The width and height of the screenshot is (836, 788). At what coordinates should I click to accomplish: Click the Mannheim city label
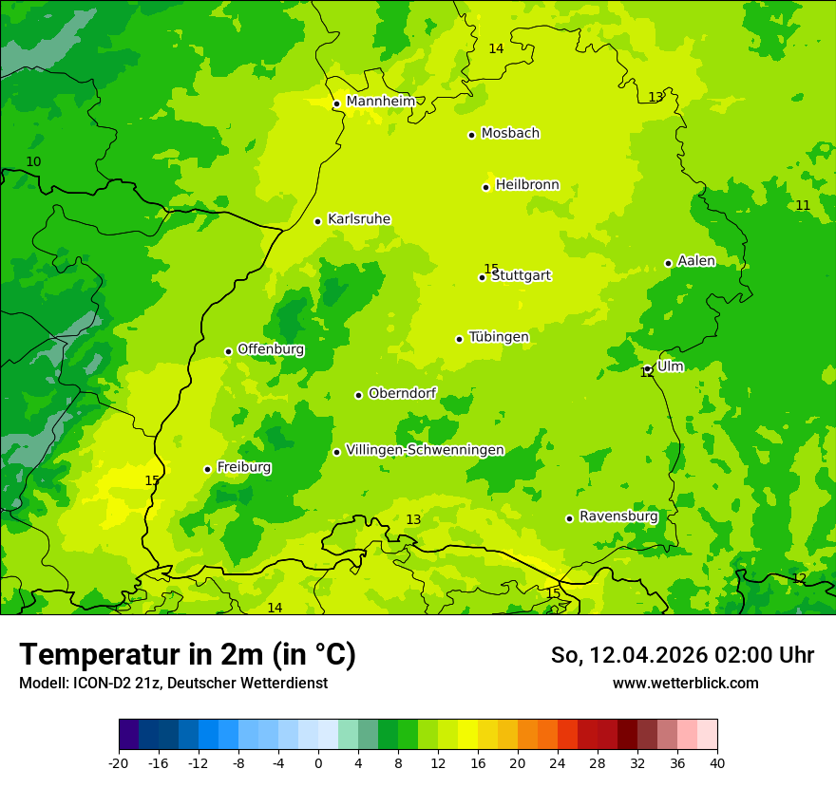pos(381,102)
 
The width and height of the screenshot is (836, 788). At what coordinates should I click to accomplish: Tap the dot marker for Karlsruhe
pos(318,221)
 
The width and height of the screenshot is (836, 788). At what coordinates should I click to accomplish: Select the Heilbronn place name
pos(527,185)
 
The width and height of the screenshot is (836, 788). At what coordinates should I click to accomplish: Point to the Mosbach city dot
pos(471,135)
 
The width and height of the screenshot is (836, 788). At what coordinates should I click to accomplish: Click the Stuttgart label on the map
pos(522,276)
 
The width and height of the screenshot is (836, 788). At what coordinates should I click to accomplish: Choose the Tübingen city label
pos(499,337)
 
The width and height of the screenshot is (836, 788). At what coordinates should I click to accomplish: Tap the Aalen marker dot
pos(668,263)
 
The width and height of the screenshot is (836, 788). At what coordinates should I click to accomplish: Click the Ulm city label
pos(671,366)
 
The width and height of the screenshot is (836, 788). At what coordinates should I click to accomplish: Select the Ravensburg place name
pos(618,516)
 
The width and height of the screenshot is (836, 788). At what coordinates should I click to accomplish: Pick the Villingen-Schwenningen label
pos(425,450)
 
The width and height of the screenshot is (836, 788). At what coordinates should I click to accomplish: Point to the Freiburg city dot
pos(207,469)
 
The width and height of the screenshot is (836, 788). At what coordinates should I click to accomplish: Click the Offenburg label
pos(271,349)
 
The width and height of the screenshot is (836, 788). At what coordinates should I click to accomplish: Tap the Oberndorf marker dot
pos(358,395)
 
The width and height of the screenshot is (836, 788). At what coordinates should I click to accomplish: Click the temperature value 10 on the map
pos(33,162)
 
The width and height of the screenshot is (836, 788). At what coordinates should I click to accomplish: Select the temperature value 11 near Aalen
pos(803,206)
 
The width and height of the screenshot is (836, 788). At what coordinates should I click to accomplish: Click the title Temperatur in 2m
pos(187,654)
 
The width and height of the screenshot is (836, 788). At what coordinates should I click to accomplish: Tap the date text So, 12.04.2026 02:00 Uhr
pos(682,655)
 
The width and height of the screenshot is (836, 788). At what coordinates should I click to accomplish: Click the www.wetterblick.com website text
pos(685,684)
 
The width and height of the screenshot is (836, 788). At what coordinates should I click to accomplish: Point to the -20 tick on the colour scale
pos(119,762)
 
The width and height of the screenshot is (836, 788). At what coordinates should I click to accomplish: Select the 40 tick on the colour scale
pos(717,762)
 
